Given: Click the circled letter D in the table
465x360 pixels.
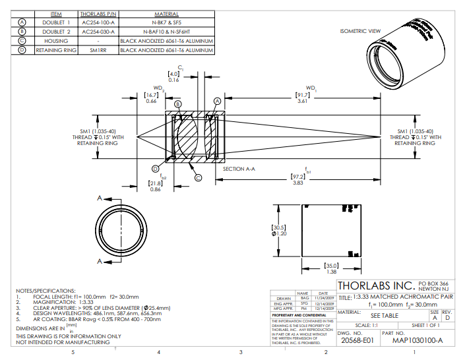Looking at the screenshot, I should (22, 49).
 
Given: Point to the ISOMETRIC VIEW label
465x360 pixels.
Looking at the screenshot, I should (360, 31).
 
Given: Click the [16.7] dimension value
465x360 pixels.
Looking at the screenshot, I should (151, 95).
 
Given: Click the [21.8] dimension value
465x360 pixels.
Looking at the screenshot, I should (155, 183).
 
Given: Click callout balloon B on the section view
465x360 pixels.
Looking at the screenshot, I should (177, 104).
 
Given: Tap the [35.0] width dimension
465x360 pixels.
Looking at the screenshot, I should (332, 266).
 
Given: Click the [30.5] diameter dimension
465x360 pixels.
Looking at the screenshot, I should (280, 227).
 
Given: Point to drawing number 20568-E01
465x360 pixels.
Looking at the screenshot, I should (356, 341).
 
